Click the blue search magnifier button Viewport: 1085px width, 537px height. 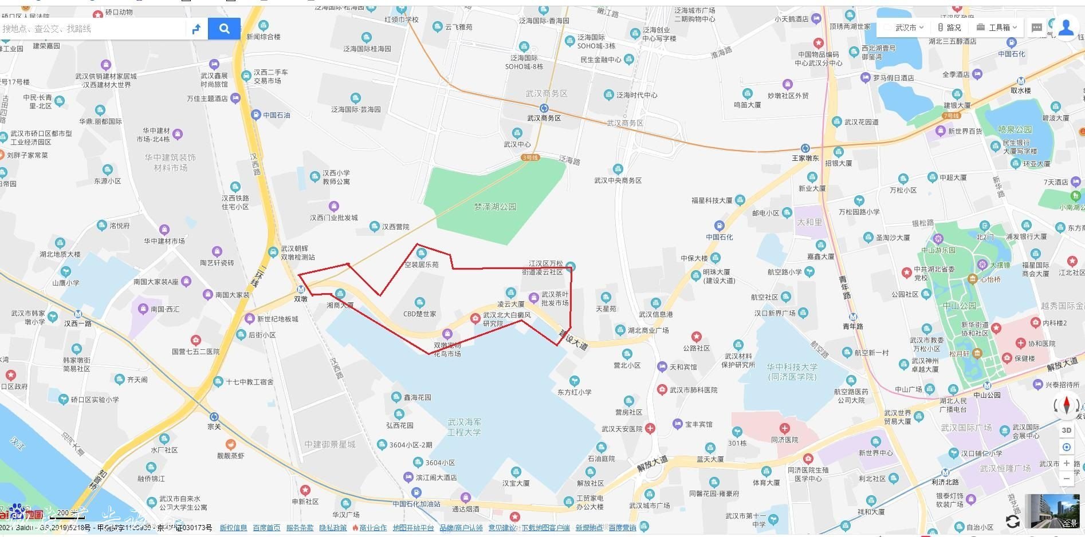224,29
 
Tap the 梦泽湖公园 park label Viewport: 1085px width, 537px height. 495,207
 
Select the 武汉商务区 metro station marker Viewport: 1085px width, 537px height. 544,108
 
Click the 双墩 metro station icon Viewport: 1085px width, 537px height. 301,290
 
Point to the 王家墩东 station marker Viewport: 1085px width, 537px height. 805,148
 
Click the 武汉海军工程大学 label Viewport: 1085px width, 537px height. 464,427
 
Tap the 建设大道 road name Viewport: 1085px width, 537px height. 573,340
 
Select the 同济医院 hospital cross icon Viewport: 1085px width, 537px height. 784,428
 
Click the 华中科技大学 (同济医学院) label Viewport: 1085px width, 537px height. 792,372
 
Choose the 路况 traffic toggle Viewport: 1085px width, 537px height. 949,27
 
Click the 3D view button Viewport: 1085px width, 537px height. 1066,430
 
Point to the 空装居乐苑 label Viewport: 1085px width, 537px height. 421,264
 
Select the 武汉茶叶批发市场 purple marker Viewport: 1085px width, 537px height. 533,297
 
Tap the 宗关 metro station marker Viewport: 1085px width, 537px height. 214,417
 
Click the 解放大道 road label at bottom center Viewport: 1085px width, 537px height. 652,463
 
